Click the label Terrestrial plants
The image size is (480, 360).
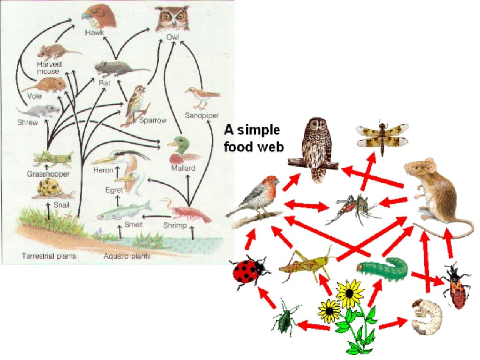pyautogui.click(x=49, y=256)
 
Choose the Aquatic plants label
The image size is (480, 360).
pyautogui.click(x=127, y=256)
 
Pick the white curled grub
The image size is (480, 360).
pyautogui.click(x=427, y=316)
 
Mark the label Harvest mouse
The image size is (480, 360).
pyautogui.click(x=48, y=67)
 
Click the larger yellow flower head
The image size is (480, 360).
pyautogui.click(x=350, y=293)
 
